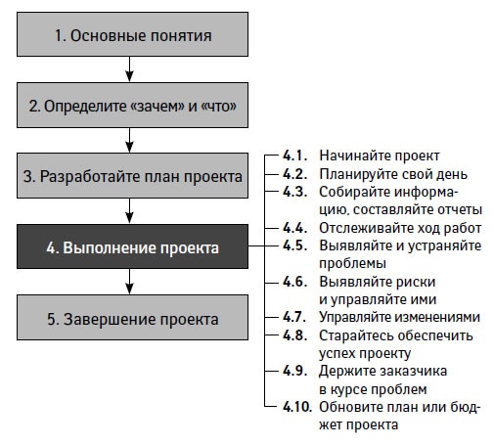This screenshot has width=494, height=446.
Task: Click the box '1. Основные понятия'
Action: (x=132, y=36)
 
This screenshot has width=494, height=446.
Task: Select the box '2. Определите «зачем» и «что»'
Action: (x=132, y=105)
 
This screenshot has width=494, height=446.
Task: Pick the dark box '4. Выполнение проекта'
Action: (x=132, y=247)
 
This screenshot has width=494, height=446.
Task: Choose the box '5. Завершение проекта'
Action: (x=132, y=318)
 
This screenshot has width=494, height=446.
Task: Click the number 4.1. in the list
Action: (x=294, y=156)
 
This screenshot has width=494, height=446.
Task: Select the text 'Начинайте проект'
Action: (x=380, y=156)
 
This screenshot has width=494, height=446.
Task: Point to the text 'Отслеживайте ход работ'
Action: (x=399, y=227)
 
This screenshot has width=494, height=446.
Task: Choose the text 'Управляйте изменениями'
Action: (x=399, y=317)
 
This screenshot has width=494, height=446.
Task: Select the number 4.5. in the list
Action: (x=294, y=245)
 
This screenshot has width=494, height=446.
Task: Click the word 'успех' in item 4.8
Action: (x=339, y=353)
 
